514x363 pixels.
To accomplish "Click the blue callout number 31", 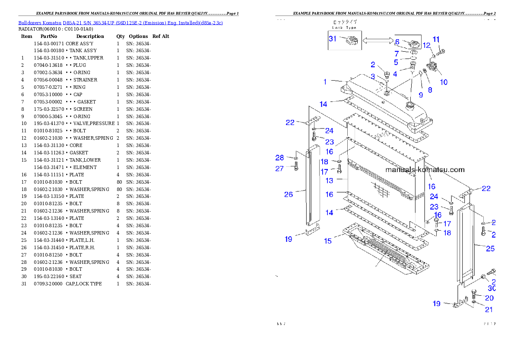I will pyautogui.click(x=333, y=38).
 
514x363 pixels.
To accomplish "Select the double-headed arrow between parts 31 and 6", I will pyautogui.click(x=377, y=41).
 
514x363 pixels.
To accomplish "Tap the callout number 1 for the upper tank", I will pyautogui.click(x=325, y=81).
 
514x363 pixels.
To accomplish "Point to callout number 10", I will pyautogui.click(x=444, y=82).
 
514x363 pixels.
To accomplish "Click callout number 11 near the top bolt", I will pyautogui.click(x=436, y=39).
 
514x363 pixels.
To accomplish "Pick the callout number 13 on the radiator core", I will pyautogui.click(x=330, y=181).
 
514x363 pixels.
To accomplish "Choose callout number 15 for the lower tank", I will pyautogui.click(x=328, y=241).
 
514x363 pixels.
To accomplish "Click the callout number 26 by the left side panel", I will pyautogui.click(x=288, y=194).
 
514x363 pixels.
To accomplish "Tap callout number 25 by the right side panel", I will pyautogui.click(x=490, y=248).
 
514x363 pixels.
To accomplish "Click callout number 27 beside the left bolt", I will pyautogui.click(x=279, y=169).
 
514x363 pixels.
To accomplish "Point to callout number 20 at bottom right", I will pyautogui.click(x=489, y=298).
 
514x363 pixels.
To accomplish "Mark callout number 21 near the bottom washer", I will pyautogui.click(x=489, y=309).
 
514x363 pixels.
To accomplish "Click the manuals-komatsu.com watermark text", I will pyautogui.click(x=425, y=169).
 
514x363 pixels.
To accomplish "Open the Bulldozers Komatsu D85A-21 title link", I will pyautogui.click(x=121, y=22).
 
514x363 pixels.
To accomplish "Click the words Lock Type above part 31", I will pyautogui.click(x=344, y=27).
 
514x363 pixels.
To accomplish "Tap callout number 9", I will pyautogui.click(x=420, y=94).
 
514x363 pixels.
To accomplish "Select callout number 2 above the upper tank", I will pyautogui.click(x=372, y=65).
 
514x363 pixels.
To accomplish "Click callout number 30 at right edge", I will pyautogui.click(x=492, y=288).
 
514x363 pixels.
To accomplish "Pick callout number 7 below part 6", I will pyautogui.click(x=397, y=53).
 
